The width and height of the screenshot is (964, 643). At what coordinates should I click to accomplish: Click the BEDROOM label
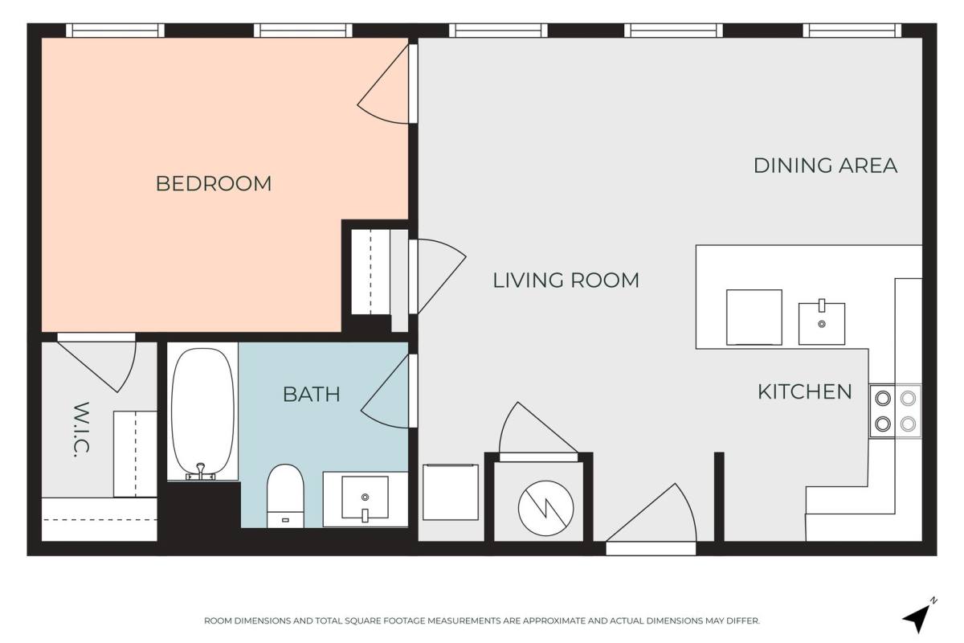pos(214,183)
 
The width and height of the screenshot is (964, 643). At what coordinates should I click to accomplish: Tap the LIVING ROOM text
pos(566,281)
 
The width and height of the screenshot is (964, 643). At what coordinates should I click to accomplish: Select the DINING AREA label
pos(825,166)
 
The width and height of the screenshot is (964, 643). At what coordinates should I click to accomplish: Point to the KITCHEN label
pos(804,392)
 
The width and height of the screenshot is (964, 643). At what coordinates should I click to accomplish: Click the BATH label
pos(311,394)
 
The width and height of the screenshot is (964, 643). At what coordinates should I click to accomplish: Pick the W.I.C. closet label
pos(81,429)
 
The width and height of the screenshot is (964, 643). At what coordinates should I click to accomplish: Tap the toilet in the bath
pos(285,496)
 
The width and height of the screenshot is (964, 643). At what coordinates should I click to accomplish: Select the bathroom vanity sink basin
pos(365,498)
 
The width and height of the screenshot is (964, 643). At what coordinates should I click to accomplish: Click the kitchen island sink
pos(822,323)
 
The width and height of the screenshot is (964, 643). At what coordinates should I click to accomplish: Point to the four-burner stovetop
pos(895,412)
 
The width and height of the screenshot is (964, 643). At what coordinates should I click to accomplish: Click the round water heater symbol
pos(545,508)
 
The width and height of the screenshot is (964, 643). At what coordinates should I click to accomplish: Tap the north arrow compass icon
pos(919,616)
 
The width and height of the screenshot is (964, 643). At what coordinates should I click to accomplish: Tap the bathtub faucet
pos(200,471)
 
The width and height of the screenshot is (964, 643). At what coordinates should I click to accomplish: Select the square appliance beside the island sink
pos(754,317)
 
